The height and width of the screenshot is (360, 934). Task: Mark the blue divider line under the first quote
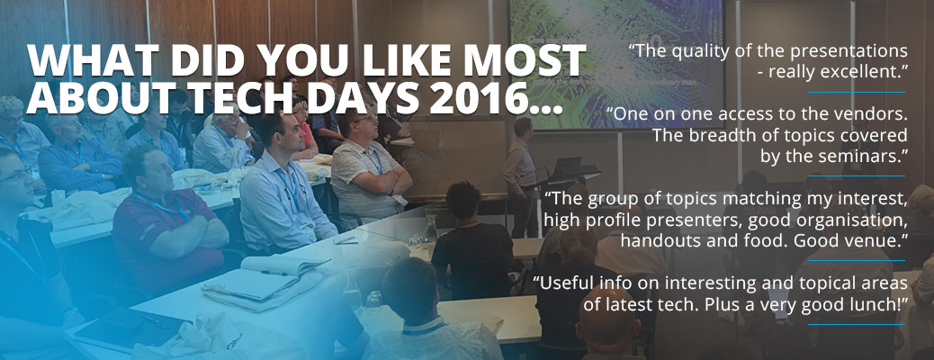coord(856,93)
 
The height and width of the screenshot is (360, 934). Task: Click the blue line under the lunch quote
coord(856,325)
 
